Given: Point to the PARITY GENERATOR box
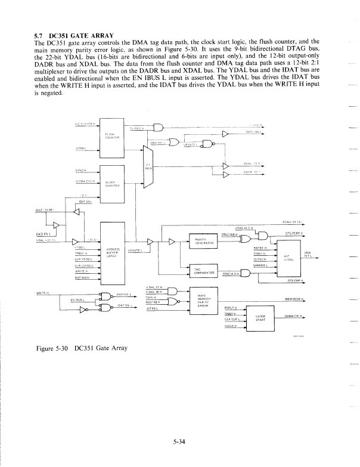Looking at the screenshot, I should (x=201, y=242).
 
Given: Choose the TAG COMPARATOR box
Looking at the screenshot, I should (x=201, y=272).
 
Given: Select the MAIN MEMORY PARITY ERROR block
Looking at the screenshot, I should (x=201, y=301).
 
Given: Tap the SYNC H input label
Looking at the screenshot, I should (x=83, y=170).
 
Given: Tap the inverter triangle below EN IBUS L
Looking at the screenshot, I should (x=83, y=310).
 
